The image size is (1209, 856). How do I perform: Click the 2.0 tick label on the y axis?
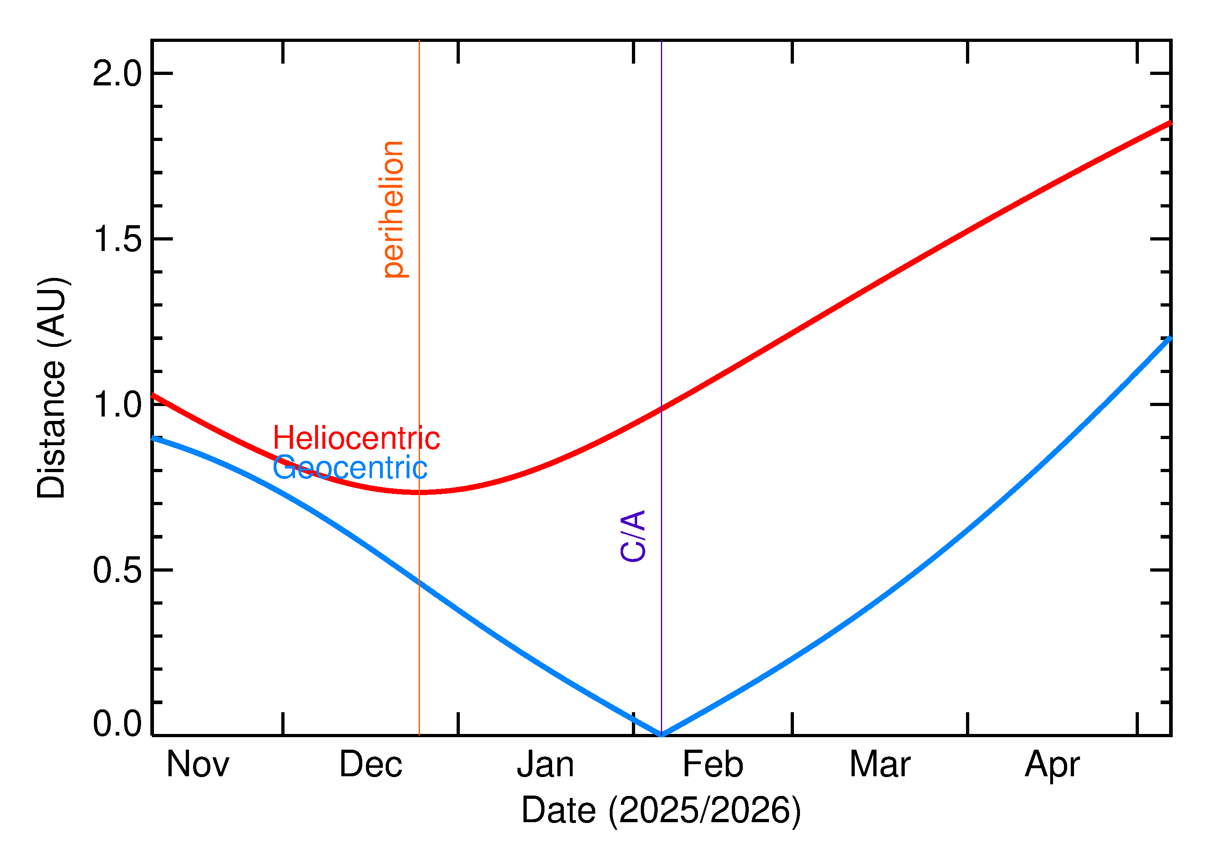pyautogui.click(x=117, y=73)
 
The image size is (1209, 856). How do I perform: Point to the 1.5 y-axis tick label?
pyautogui.click(x=117, y=239)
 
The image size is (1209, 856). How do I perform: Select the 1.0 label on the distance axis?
pyautogui.click(x=117, y=405)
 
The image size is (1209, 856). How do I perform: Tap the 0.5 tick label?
pyautogui.click(x=117, y=570)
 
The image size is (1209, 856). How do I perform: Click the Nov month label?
pyautogui.click(x=198, y=764)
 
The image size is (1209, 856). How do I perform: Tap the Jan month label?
pyautogui.click(x=545, y=764)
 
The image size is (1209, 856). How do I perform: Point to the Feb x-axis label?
pyautogui.click(x=713, y=764)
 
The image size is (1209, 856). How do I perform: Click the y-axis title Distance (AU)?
pyautogui.click(x=52, y=388)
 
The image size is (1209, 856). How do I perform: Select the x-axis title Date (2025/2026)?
pyautogui.click(x=661, y=810)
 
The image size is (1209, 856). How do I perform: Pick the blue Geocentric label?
pyautogui.click(x=349, y=468)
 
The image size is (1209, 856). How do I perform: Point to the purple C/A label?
pyautogui.click(x=633, y=536)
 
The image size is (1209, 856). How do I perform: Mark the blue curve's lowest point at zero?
pyautogui.click(x=661, y=735)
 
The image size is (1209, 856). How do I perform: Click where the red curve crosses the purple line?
pyautogui.click(x=661, y=408)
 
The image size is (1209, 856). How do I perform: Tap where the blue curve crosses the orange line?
pyautogui.click(x=419, y=583)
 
